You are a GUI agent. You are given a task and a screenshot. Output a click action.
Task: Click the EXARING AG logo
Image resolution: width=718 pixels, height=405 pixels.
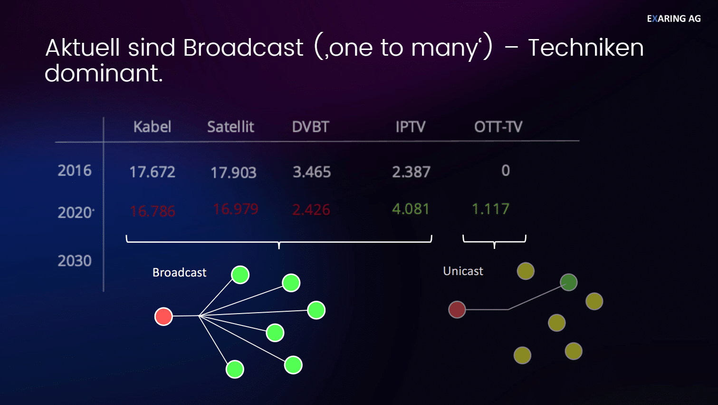pos(674,19)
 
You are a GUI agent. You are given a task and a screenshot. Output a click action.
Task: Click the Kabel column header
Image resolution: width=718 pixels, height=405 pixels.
pos(152,127)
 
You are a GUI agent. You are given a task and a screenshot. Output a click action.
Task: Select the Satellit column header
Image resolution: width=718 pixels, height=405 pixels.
pos(231,127)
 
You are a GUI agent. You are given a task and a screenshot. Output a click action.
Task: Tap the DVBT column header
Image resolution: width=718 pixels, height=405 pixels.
pos(310,127)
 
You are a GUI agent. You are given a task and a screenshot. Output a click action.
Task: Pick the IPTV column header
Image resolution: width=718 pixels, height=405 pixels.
pos(411,127)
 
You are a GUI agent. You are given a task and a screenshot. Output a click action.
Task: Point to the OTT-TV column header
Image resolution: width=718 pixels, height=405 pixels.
pos(498,127)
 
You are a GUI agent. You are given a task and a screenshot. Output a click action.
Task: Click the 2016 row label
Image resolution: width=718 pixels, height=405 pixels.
pos(75,170)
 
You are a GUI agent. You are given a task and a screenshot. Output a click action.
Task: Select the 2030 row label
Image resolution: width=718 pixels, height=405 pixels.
pos(75,261)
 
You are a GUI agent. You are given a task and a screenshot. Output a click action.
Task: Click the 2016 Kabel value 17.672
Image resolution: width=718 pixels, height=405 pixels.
pos(152,172)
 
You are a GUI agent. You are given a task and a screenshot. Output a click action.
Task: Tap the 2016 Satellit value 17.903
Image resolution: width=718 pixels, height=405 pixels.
pos(233,173)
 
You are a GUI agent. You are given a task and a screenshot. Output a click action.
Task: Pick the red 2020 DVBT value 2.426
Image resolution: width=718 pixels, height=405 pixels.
pos(311,209)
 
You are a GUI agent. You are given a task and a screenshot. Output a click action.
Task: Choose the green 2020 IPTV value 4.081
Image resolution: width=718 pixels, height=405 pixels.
pos(411,209)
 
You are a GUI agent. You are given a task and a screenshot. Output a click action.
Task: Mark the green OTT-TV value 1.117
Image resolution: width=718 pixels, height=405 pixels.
pos(491,209)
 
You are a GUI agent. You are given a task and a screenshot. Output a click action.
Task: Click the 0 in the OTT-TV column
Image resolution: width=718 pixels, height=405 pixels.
pos(506,170)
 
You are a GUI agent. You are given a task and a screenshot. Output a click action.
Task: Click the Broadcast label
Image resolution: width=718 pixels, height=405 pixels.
pos(179,273)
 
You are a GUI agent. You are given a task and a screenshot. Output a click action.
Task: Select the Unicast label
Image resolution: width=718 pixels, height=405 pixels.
pos(463,271)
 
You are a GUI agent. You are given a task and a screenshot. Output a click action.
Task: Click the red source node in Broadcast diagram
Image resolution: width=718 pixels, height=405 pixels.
pos(163,316)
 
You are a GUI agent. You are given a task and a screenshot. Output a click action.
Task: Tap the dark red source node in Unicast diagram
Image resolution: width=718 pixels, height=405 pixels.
pos(457,309)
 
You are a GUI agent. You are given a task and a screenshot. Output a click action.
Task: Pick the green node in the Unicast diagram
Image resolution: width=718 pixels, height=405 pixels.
pos(569,282)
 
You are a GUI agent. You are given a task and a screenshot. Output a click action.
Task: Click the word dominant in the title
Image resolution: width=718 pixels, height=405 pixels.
pos(104,73)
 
